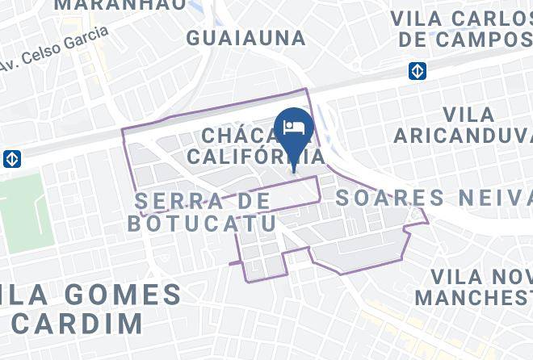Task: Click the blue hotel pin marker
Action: tap(294, 134)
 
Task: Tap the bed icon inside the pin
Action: tap(294, 127)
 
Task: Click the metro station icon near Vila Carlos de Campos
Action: tap(417, 71)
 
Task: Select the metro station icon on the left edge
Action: tap(11, 158)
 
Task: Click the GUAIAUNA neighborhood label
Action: tap(246, 38)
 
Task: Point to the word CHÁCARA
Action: tap(238, 135)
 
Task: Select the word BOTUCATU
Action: tap(191, 224)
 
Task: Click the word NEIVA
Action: tap(493, 198)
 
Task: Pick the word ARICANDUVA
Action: tap(463, 136)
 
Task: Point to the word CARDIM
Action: tap(77, 322)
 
